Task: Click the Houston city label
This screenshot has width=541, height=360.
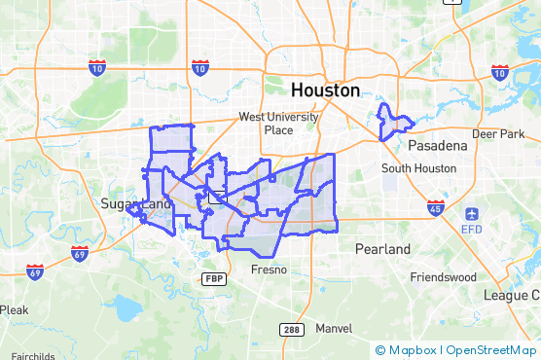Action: coord(325,90)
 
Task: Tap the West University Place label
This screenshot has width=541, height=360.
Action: coord(279,124)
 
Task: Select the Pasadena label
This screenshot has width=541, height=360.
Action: coord(437,145)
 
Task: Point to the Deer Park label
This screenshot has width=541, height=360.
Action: coord(497,133)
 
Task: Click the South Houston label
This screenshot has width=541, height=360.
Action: coord(418,167)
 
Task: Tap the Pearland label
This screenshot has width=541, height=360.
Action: coord(382,249)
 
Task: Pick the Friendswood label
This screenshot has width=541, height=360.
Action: coord(443,276)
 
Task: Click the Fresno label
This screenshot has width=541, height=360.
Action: coord(269,269)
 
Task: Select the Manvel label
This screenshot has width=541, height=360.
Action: coord(333,328)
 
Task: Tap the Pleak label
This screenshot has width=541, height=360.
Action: coord(14,309)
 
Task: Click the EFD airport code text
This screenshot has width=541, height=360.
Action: coord(472,229)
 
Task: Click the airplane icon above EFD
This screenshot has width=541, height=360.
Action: coord(472,213)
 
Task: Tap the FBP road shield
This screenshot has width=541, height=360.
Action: coord(213,278)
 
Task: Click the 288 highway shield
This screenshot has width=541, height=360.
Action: coord(292,330)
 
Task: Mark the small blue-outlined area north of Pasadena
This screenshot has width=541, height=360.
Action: coord(392,122)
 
